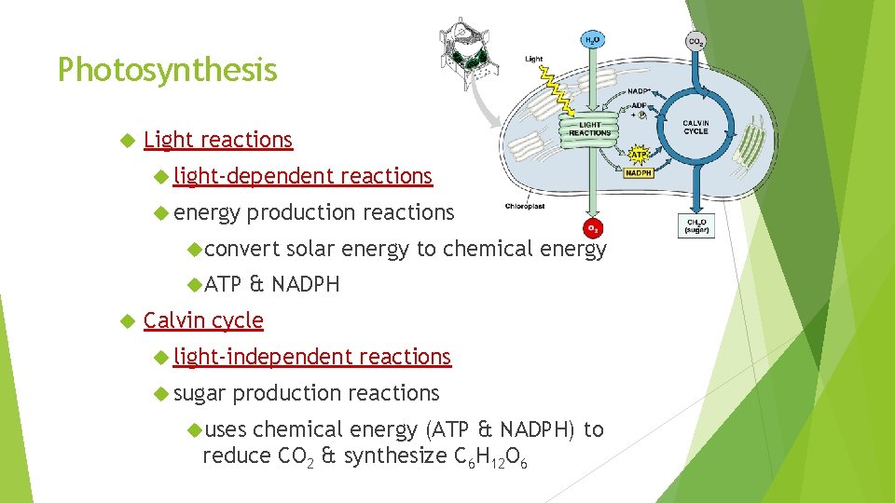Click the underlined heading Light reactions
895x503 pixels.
(x=218, y=140)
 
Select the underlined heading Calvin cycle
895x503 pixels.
(x=203, y=320)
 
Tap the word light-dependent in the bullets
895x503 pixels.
(x=253, y=176)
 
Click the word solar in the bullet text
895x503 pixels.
(x=310, y=249)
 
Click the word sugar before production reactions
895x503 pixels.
(x=200, y=393)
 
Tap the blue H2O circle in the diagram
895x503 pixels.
(x=592, y=40)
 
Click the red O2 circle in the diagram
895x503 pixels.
(x=592, y=228)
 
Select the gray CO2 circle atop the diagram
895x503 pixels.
(x=695, y=41)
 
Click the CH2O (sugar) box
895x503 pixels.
(x=696, y=225)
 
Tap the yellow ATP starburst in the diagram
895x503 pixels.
(x=640, y=153)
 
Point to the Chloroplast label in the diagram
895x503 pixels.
(x=524, y=206)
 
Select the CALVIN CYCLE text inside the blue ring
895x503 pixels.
(x=695, y=127)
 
